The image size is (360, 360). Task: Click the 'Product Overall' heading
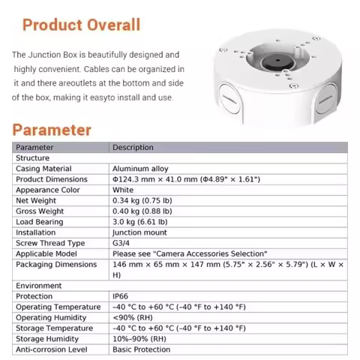(81, 24)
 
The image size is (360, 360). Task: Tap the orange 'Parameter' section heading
(52, 129)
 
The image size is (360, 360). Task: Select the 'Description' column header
(133, 148)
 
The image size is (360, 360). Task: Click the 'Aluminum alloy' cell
(140, 169)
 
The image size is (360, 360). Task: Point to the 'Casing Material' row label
(43, 169)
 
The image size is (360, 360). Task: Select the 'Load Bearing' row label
(40, 222)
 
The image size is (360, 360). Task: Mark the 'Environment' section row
(38, 286)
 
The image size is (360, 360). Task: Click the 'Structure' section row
(33, 158)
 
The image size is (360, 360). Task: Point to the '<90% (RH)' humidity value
(131, 317)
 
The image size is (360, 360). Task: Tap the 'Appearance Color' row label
(48, 190)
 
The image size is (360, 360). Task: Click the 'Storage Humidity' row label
(47, 339)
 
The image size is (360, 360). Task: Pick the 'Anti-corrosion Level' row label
(51, 349)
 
